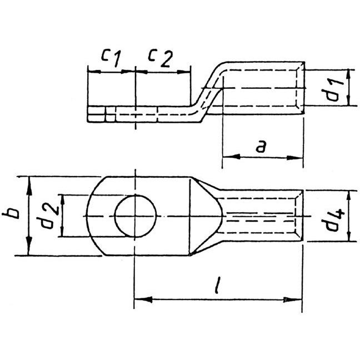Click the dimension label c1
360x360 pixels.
point(111,58)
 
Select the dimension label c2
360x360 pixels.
point(160,58)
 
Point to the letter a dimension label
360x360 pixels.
point(261,146)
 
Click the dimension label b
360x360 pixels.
point(11,213)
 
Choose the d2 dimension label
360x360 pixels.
point(48,216)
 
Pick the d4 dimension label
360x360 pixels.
point(333,219)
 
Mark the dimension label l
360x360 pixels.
point(217,285)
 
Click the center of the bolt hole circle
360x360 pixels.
point(136,216)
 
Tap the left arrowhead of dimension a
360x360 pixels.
point(231,157)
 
